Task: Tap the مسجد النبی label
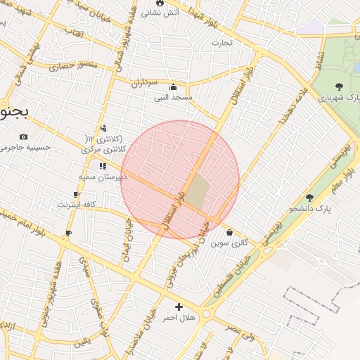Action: (174, 98)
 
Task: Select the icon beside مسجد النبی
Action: (174, 87)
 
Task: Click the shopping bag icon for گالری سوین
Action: (230, 233)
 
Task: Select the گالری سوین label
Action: (230, 243)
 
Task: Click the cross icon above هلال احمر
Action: (179, 307)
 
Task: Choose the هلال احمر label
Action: (179, 318)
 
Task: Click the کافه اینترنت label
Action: (77, 205)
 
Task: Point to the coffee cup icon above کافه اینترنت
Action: (76, 194)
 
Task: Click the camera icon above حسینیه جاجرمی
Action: (24, 136)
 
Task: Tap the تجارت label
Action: (226, 43)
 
